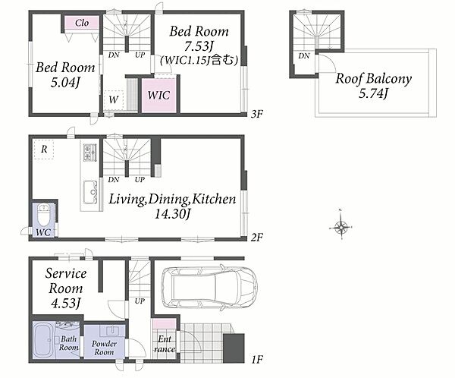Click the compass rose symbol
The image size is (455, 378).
coord(341,226)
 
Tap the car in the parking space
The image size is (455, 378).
coord(209,286)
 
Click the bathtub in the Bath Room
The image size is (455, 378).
coord(42,342)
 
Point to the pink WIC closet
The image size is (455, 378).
coord(158,95)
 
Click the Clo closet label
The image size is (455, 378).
coord(82,23)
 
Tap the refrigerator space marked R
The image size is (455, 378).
coord(44,150)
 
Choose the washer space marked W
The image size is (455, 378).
coord(114,99)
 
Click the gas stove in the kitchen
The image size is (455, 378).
coord(88,153)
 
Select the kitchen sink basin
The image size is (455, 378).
coord(90,191)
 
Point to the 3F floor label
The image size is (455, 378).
coord(257,114)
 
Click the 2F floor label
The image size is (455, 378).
coord(257,238)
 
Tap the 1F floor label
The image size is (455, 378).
coord(257,361)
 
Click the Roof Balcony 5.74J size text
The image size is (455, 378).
coord(373,93)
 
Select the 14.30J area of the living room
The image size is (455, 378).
coord(172,214)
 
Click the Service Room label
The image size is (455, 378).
coord(66,281)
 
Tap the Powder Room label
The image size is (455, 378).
coord(104,348)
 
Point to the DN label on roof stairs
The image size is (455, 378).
coord(304,55)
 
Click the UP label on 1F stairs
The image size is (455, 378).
coord(140,301)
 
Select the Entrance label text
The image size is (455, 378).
coord(165,344)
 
